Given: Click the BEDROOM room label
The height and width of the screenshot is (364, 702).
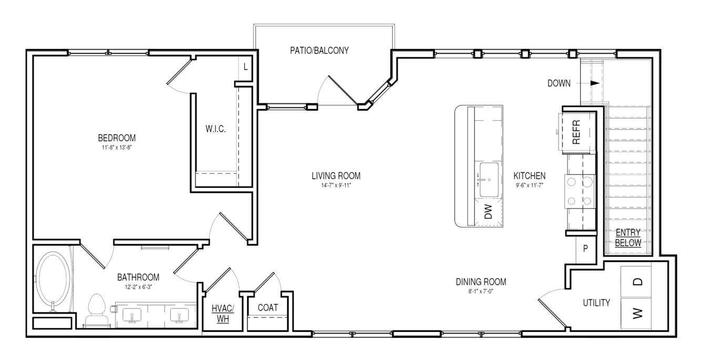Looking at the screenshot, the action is coord(117,138).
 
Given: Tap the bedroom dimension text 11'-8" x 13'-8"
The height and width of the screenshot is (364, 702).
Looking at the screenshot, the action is coord(117,147).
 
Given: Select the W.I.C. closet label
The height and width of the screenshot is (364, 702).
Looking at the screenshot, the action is coord(215,129).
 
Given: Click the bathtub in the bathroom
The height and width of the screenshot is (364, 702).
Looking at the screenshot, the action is coord(53,280).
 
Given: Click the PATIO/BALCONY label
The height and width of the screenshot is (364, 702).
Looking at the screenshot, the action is coord(319,50).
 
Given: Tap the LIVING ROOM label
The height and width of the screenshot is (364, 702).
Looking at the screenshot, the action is coord(336,176).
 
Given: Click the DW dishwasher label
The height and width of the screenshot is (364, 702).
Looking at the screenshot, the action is coord(488,212).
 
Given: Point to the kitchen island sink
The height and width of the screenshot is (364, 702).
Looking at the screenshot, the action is coord(489,180).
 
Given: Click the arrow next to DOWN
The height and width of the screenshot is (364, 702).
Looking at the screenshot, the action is coord(588,83).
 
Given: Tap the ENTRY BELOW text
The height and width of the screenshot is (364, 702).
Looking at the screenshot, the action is coord(628,237).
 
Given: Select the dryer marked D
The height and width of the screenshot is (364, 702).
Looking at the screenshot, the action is coord(636,282).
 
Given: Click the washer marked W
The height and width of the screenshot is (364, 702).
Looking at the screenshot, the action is coord(636,313).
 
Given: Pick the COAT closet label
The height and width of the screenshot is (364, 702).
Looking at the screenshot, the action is coord(267,308).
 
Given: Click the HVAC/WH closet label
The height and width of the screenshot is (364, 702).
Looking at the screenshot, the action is coord(223,314).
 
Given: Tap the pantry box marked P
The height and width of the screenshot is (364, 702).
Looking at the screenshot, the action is coord(585,249).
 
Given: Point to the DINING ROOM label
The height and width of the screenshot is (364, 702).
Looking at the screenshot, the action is coord(481,282).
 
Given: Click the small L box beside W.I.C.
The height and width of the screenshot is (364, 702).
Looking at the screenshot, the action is coord(246,67).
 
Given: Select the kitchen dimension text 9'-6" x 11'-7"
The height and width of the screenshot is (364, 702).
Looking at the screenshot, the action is coord(529,185).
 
